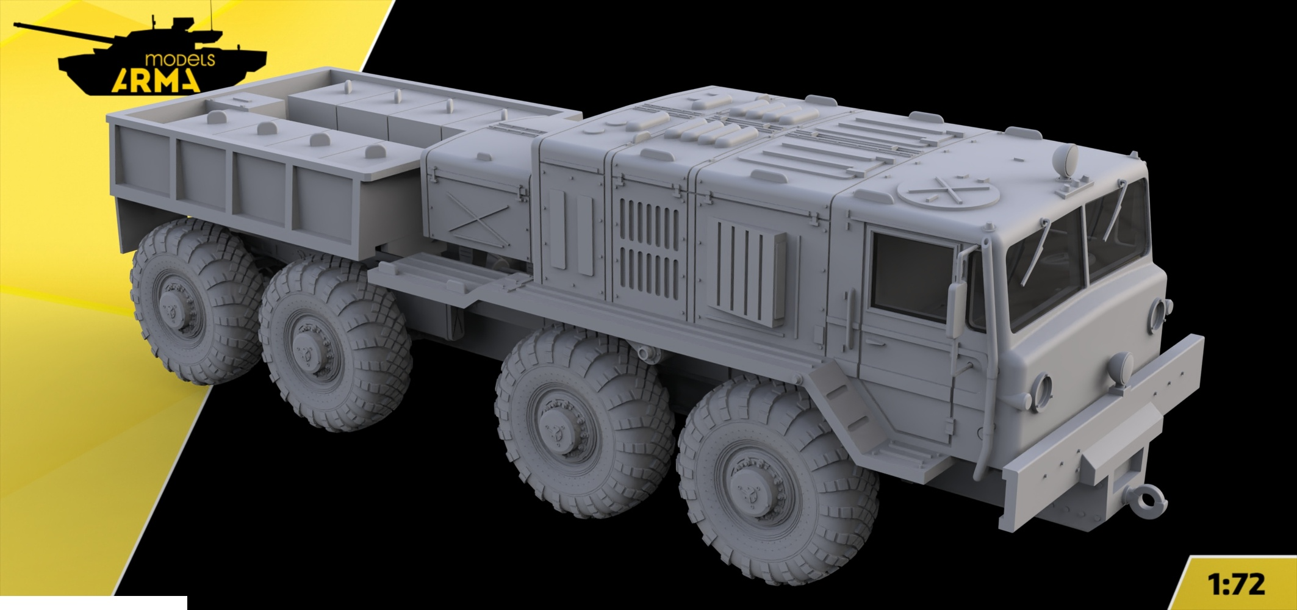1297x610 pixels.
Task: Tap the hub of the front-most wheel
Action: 752,486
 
